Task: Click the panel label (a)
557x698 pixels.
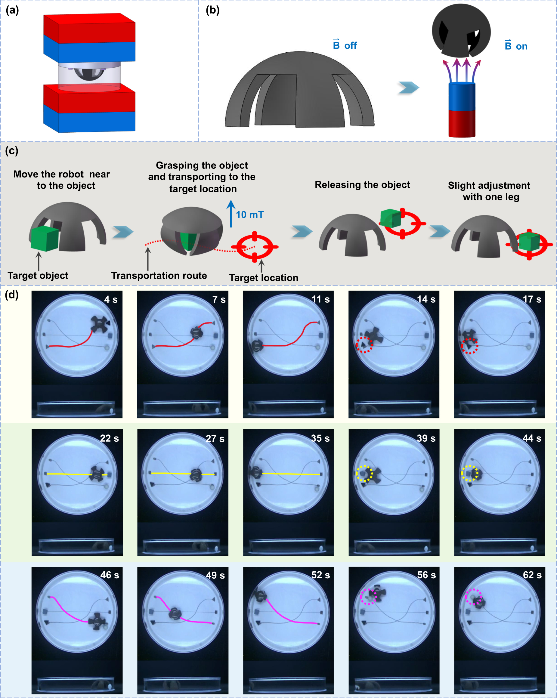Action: pos(12,10)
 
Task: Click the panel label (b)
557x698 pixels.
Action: pos(212,10)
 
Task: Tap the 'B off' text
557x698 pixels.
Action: pos(345,45)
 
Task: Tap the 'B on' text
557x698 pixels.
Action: pos(516,46)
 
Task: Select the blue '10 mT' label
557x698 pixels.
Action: pos(250,215)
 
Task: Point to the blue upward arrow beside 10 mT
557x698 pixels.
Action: pos(231,214)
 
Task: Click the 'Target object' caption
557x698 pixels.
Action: pos(38,276)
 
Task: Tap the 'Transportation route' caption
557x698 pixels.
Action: pos(159,276)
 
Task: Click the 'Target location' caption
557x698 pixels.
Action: pos(264,278)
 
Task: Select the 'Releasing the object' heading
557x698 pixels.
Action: pos(362,185)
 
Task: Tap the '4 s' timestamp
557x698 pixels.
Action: pos(111,299)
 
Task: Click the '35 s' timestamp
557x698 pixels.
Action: pos(320,438)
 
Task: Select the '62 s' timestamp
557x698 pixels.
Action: pos(532,575)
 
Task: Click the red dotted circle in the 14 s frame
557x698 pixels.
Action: pos(364,345)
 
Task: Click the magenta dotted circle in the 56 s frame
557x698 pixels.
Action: pos(369,597)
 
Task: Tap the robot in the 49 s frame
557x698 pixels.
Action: pos(175,613)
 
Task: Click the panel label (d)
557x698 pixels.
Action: pos(12,295)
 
